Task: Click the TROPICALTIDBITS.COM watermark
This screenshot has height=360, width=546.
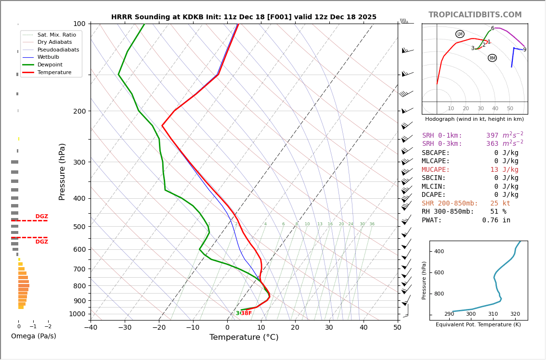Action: (475, 15)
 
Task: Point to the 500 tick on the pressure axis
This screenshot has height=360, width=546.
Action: (79, 227)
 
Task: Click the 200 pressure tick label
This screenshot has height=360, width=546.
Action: (79, 111)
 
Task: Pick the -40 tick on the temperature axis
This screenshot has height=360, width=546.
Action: (91, 328)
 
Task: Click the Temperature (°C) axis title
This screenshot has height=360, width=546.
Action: (244, 337)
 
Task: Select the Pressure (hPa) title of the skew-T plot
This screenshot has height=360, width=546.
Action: (62, 171)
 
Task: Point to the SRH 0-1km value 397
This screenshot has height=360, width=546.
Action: (492, 135)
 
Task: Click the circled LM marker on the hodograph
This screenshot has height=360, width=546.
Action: (460, 34)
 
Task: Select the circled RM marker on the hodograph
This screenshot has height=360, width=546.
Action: (492, 58)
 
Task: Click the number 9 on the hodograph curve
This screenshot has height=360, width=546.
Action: (524, 50)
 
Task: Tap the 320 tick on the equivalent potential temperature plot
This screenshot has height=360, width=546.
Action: (515, 314)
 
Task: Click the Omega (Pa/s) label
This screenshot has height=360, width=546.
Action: (34, 336)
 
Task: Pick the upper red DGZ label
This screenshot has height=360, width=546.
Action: (41, 217)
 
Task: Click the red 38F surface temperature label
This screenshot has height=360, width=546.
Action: (246, 313)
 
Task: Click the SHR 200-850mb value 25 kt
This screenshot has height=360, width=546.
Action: (500, 203)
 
